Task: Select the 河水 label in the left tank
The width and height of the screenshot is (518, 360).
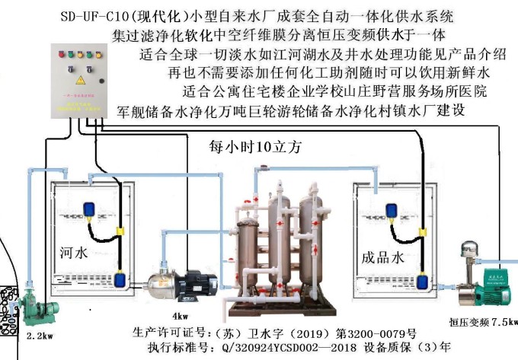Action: tap(74, 252)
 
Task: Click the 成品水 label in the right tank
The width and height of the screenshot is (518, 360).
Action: tap(382, 259)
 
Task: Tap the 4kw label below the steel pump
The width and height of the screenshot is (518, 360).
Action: tap(181, 315)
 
